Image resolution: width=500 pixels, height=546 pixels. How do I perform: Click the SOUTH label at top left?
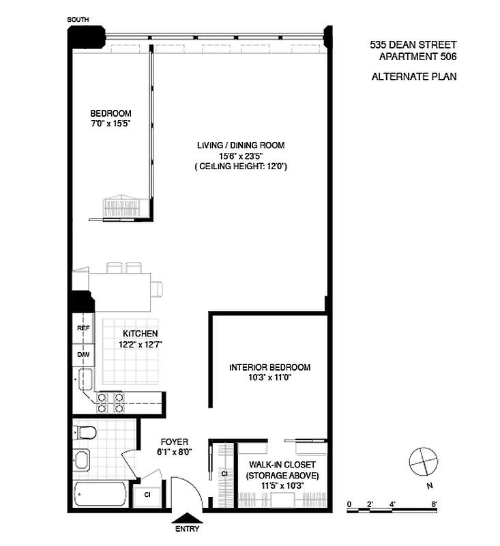pos(77,20)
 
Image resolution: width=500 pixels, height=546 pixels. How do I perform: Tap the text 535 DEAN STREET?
pos(413,45)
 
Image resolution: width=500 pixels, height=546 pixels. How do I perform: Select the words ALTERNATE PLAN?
pos(413,76)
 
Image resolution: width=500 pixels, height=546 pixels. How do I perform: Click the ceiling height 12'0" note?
pos(241,166)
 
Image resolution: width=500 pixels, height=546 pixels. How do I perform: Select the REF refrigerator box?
pos(84,328)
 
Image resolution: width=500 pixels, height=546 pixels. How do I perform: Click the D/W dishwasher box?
pos(84,354)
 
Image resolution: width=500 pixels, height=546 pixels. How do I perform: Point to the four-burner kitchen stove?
pos(110,402)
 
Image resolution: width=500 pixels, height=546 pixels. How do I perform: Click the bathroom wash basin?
pos(81,459)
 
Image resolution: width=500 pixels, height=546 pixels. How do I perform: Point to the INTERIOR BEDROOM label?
pos(269,372)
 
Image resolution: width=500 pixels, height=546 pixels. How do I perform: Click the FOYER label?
pos(175,446)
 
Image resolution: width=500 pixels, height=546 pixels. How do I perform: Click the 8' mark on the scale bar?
pos(434,504)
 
